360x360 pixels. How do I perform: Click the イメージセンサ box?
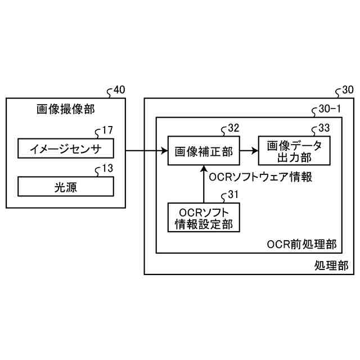point(66,149)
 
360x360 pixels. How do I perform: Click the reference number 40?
point(119,89)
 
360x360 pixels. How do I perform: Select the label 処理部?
point(331,264)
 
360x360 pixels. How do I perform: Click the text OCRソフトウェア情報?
point(260,177)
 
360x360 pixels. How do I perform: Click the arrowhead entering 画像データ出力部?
point(254,151)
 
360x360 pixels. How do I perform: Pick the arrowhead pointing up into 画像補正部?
point(204,168)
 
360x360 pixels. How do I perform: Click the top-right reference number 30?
point(348,89)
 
